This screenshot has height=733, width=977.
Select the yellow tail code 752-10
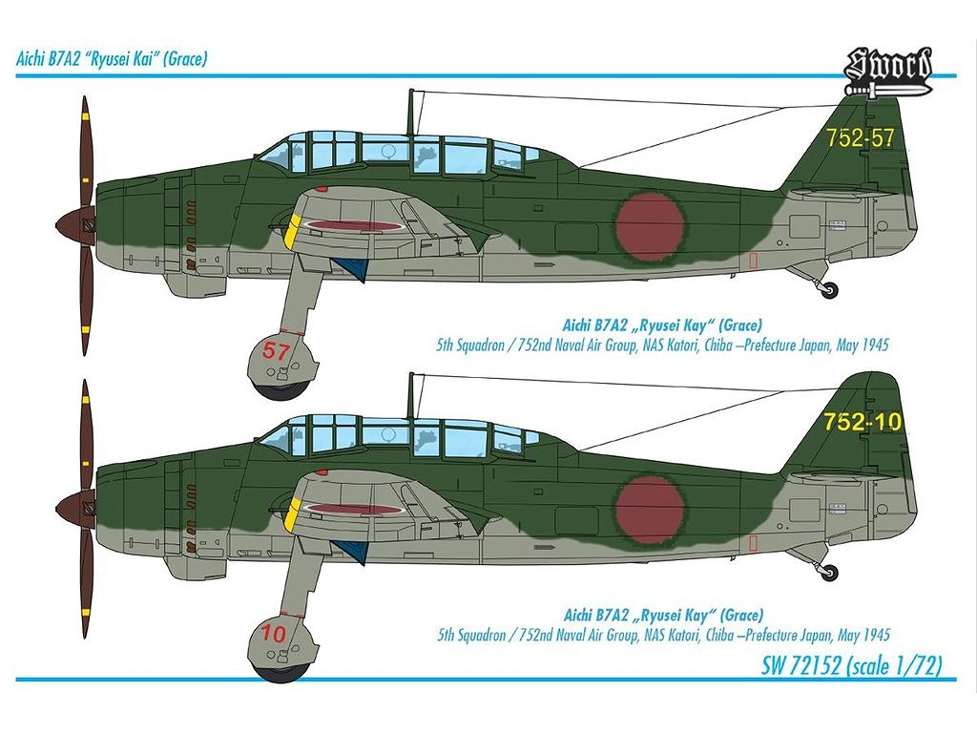pos(863,422)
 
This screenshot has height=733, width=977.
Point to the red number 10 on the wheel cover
pos(274,633)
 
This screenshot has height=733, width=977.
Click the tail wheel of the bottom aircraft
pos(831,573)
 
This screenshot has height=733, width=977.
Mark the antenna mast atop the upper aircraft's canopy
pos(411,112)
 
